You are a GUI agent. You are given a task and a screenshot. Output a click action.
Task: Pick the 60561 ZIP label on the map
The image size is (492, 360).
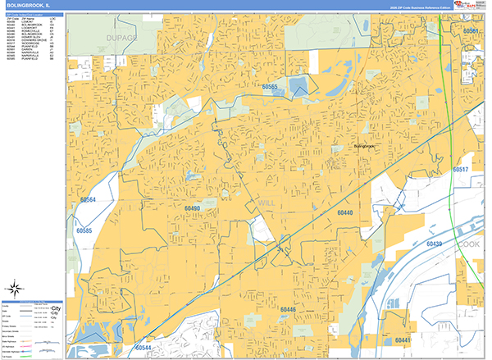(471, 31)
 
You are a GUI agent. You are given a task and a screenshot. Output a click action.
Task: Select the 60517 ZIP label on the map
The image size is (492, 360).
(460, 169)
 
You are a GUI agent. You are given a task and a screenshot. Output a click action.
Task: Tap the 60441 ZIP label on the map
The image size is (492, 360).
(403, 339)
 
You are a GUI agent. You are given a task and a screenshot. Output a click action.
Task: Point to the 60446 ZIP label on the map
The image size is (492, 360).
(288, 309)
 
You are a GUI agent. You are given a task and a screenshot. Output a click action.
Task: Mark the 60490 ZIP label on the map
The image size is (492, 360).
(193, 209)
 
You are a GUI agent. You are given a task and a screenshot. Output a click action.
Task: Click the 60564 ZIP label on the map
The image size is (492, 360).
(87, 199)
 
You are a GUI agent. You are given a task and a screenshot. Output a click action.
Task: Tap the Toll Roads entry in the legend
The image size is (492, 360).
(10, 357)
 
